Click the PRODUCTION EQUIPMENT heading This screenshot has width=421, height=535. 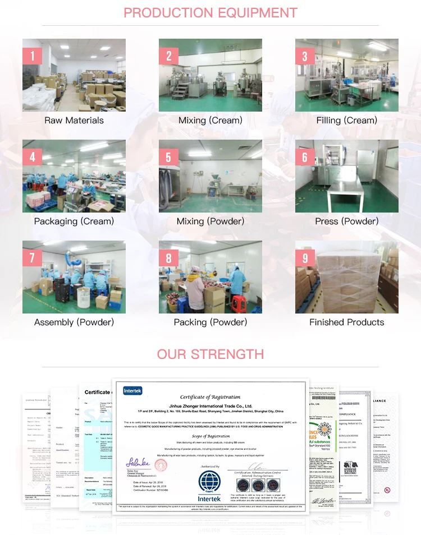tap(210, 12)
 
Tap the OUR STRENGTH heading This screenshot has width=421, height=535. tap(210, 354)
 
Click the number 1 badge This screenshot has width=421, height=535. tap(33, 56)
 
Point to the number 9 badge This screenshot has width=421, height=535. tap(305, 257)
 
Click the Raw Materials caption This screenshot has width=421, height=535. tap(74, 120)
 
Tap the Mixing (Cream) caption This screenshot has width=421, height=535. tap(210, 120)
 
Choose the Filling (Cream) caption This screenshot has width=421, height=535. tap(346, 120)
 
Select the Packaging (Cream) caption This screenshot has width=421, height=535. tap(74, 221)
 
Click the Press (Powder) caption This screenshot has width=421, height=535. tap(346, 221)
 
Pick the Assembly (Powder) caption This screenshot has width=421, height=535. tap(74, 322)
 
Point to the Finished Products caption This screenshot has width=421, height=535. tap(346, 322)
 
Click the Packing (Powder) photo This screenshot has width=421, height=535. tap(210, 277)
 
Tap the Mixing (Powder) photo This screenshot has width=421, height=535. tap(210, 176)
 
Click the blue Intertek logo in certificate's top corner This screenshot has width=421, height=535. tap(134, 390)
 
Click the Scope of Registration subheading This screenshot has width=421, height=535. tap(210, 436)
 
